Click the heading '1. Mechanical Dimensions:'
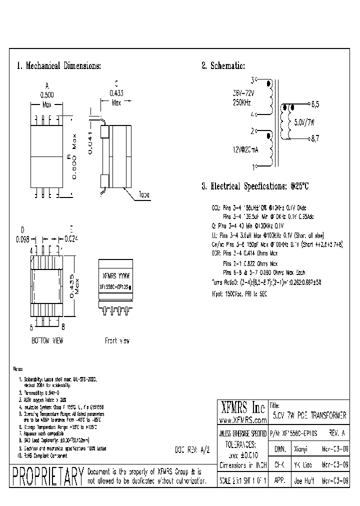coord(59,66)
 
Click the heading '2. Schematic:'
coord(223,66)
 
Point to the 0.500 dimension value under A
coord(46,94)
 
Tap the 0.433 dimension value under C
coord(116,92)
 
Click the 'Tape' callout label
coord(144,195)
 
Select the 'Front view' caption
coord(117,340)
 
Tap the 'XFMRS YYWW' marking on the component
coord(115,275)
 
